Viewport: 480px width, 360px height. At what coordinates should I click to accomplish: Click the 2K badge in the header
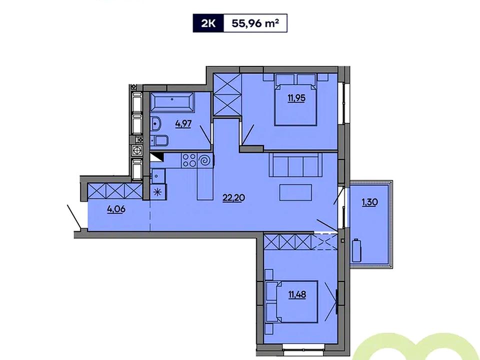(x=208, y=23)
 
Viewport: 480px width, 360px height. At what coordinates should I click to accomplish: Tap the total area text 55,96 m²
(x=255, y=23)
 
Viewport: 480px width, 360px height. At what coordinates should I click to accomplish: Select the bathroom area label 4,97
(x=183, y=124)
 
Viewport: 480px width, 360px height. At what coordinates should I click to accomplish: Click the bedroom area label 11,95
(x=296, y=98)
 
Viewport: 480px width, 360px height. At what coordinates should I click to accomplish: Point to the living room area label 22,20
(x=233, y=198)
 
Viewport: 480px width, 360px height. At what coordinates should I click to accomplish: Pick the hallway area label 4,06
(x=116, y=209)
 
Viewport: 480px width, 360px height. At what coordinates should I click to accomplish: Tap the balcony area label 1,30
(x=370, y=202)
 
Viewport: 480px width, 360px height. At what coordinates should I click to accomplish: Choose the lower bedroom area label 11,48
(x=297, y=295)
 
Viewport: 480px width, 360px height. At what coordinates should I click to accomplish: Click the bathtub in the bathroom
(x=172, y=101)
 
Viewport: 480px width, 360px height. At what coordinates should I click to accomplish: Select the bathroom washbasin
(x=156, y=124)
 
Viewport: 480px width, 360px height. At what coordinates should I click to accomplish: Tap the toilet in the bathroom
(x=160, y=140)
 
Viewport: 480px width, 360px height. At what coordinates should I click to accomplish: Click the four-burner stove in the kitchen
(x=189, y=160)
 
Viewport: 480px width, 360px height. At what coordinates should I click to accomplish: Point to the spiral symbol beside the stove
(x=205, y=160)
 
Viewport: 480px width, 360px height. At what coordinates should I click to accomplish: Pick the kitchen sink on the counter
(x=157, y=175)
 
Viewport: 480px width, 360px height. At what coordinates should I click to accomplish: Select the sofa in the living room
(x=295, y=164)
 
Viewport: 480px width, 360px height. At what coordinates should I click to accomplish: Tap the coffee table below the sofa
(x=295, y=192)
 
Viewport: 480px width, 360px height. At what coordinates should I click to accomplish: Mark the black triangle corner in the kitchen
(x=157, y=157)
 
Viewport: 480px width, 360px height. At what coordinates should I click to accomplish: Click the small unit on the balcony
(x=356, y=250)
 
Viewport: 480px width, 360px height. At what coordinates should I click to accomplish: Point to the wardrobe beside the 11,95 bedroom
(x=227, y=95)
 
